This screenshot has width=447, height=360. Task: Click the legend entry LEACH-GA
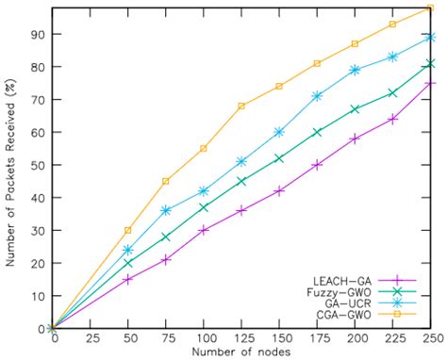[336, 281]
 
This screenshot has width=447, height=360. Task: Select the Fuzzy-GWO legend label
[336, 293]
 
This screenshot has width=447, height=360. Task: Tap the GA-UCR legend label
[341, 305]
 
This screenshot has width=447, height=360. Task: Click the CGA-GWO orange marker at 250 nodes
[430, 8]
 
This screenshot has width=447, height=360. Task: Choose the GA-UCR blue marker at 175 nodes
[317, 96]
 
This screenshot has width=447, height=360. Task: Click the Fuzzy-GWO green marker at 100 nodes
[204, 207]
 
